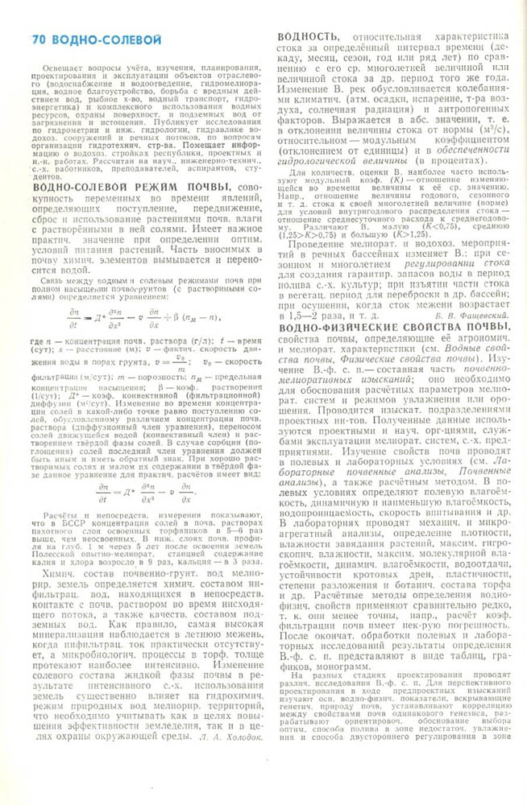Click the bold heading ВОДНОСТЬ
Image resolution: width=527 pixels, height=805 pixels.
tap(307, 36)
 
